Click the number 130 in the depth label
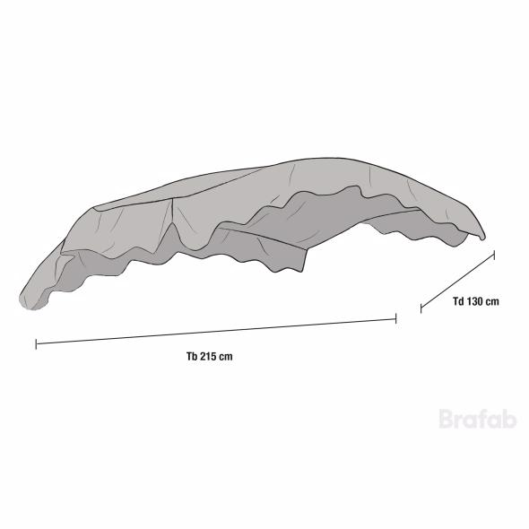475,301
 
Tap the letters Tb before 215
192,356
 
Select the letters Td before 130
458,301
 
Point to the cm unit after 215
226,357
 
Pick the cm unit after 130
492,301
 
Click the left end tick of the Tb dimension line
36,344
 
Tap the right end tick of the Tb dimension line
395,318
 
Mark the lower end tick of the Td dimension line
421,308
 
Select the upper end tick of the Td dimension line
494,255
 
